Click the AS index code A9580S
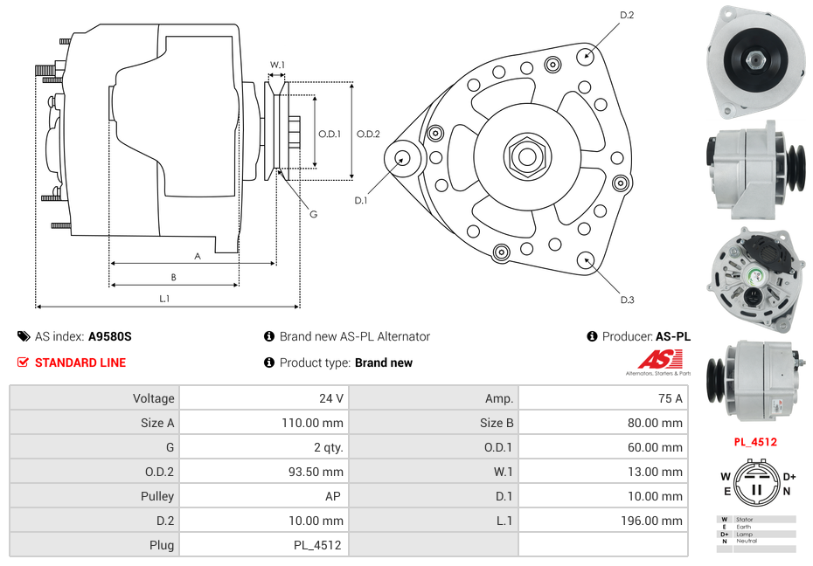[x=110, y=336]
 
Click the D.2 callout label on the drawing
[x=627, y=16]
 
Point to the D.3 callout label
[x=627, y=300]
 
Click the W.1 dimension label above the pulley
[x=277, y=66]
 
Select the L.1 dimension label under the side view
[x=163, y=299]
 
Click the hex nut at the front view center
[x=526, y=156]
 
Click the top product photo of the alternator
[x=754, y=59]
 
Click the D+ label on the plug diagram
[x=789, y=477]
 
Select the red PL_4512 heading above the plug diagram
[x=755, y=442]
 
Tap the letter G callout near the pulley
[x=313, y=215]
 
